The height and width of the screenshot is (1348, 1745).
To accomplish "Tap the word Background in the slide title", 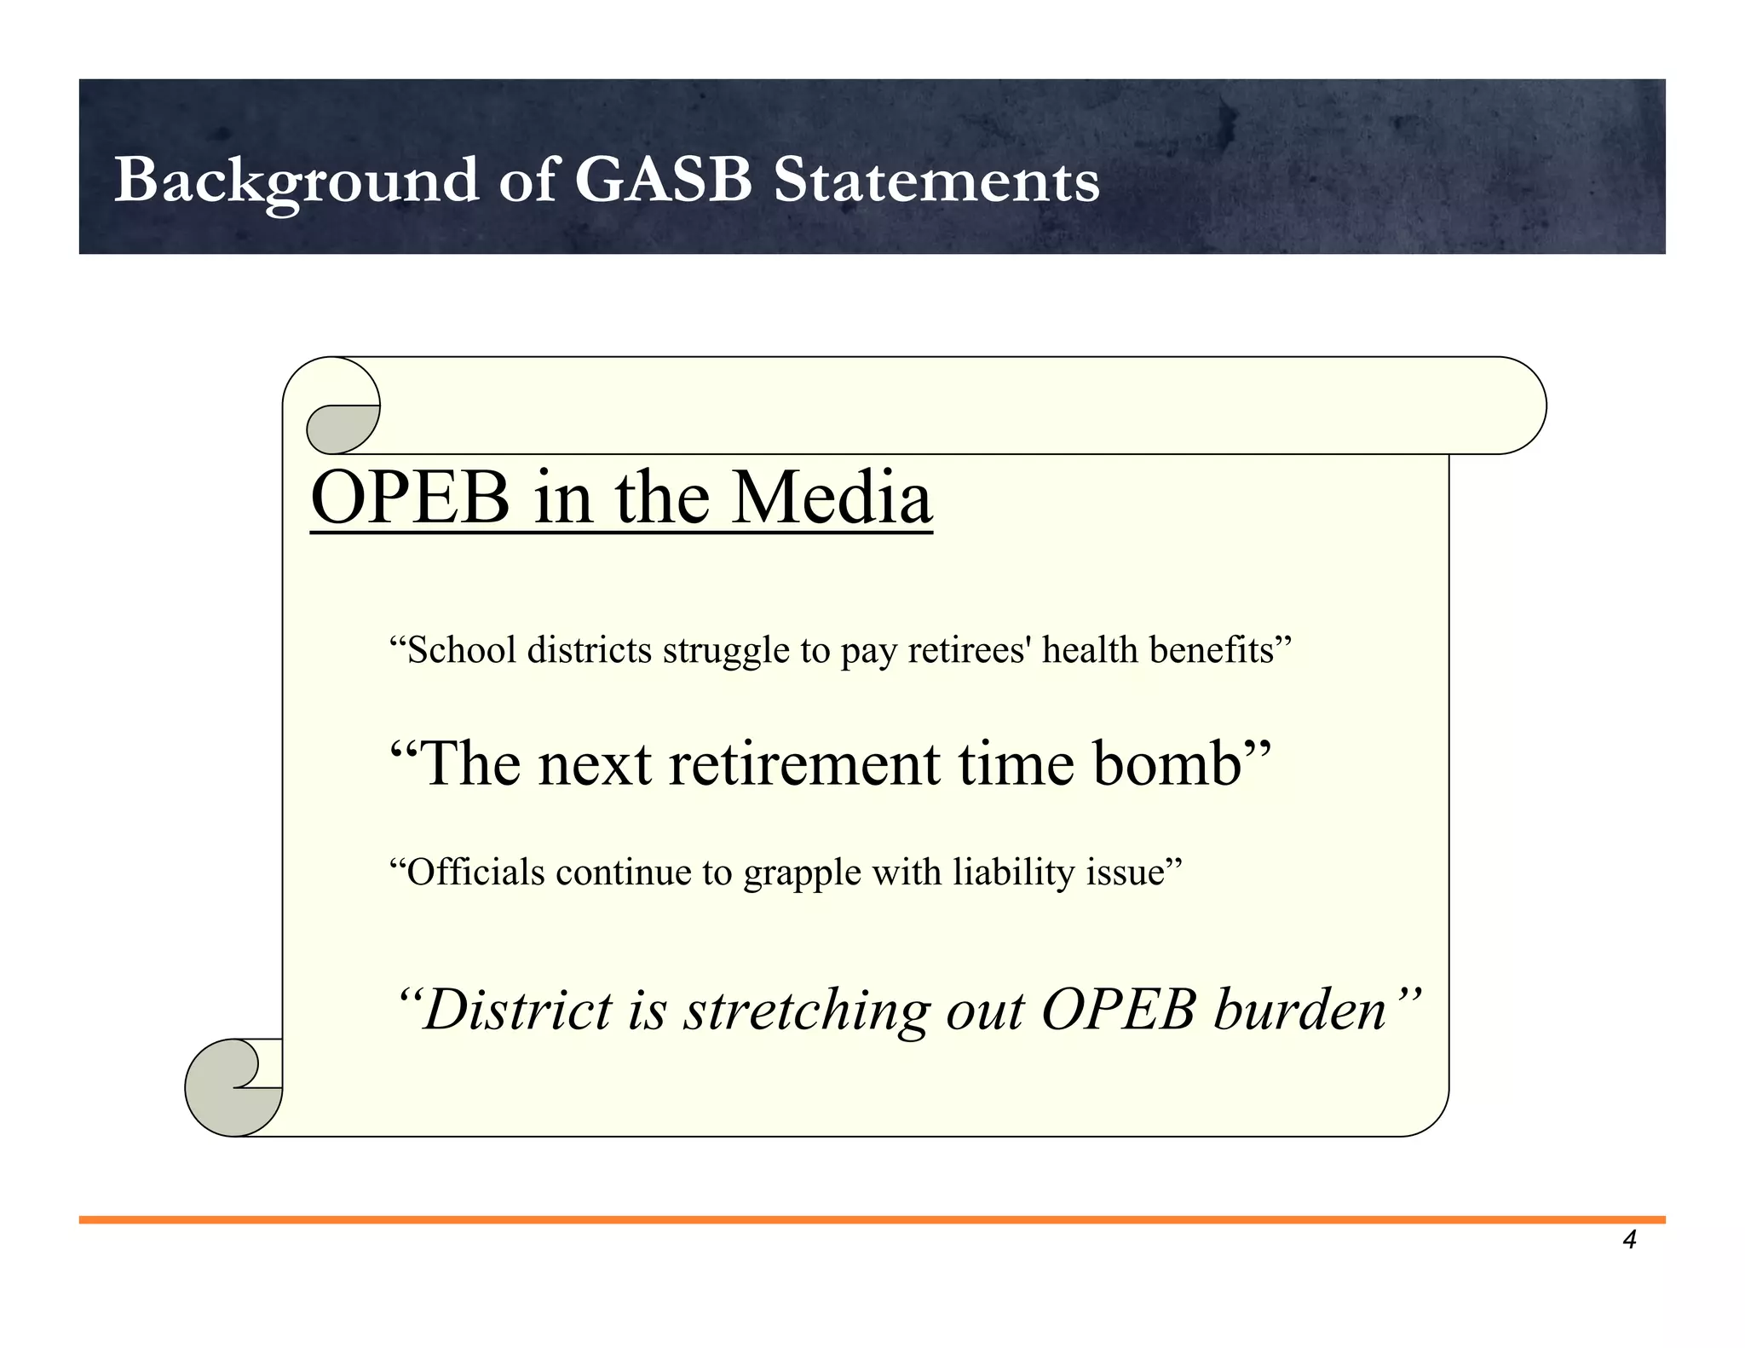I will (296, 181).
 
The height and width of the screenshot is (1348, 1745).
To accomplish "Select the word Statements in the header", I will (936, 181).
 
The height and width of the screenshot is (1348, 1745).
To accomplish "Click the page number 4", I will (1629, 1240).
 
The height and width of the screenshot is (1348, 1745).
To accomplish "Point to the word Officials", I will (475, 873).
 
